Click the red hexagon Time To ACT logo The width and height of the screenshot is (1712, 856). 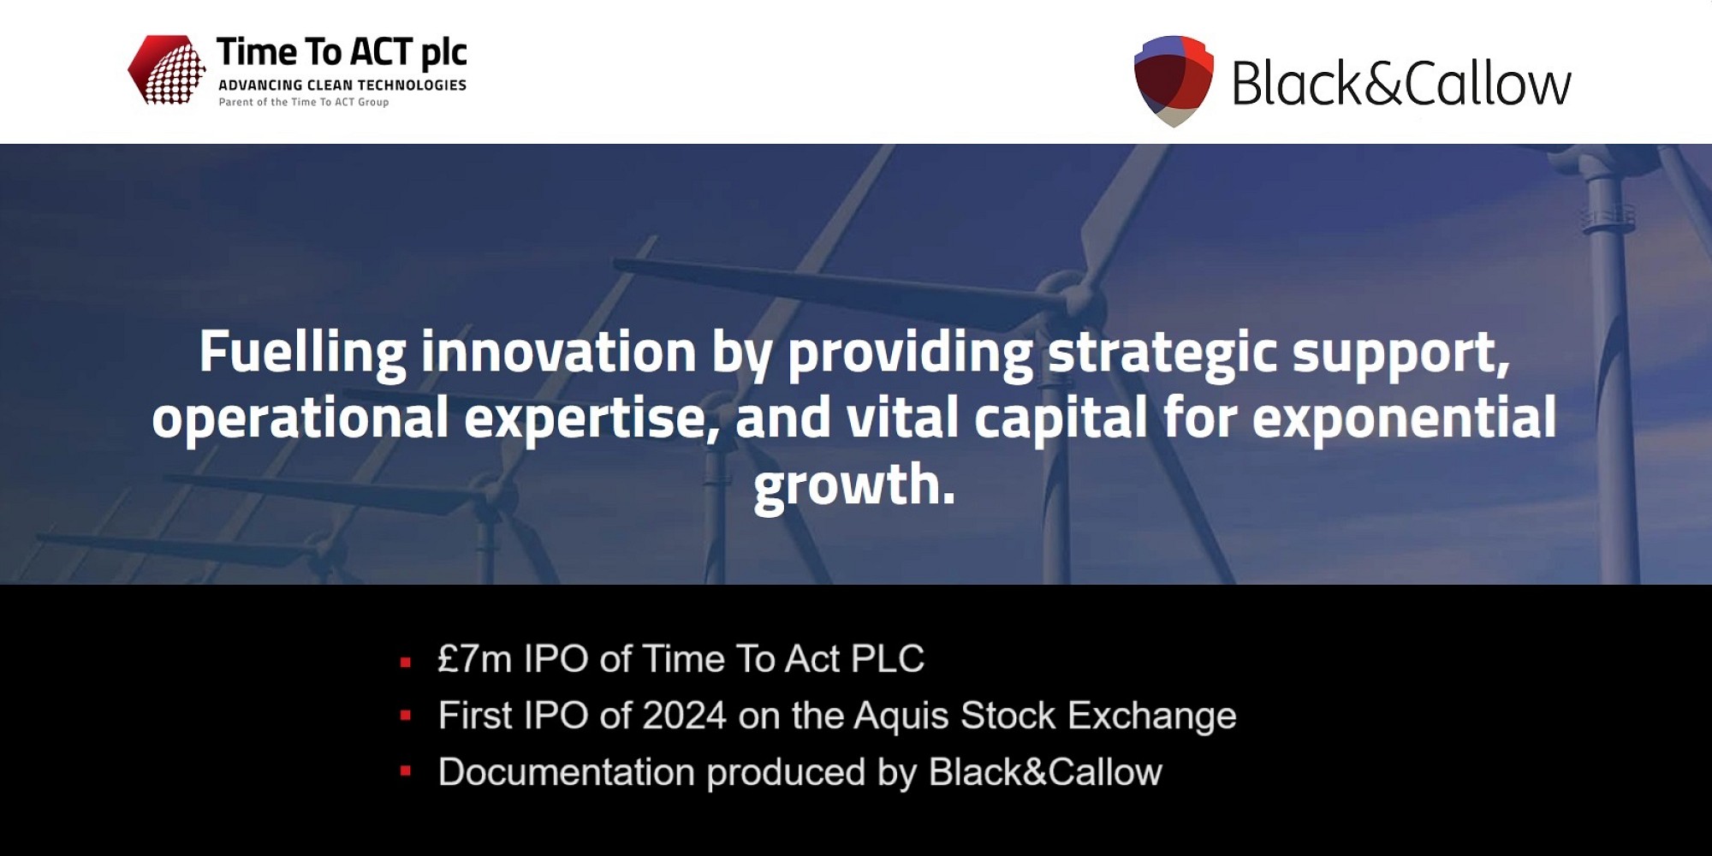point(167,69)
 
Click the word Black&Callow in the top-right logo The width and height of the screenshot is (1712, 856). point(1401,84)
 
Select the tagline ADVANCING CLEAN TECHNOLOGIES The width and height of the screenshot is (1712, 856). point(342,85)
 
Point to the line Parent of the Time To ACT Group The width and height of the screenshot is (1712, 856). point(304,102)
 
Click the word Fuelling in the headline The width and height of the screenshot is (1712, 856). point(302,352)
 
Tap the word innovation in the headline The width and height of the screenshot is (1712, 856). point(558,352)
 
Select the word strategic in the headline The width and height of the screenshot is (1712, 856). point(1162,352)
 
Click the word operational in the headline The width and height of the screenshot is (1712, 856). point(300,418)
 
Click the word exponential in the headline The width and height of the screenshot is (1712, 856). point(1404,418)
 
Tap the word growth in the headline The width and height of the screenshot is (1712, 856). point(853,484)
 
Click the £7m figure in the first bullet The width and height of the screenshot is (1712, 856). point(474,659)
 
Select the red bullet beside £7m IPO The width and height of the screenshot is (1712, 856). point(406,662)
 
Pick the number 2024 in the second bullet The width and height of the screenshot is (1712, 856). point(684,716)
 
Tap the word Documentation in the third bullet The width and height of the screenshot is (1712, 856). point(566,772)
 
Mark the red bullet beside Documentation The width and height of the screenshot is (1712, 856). point(406,771)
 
